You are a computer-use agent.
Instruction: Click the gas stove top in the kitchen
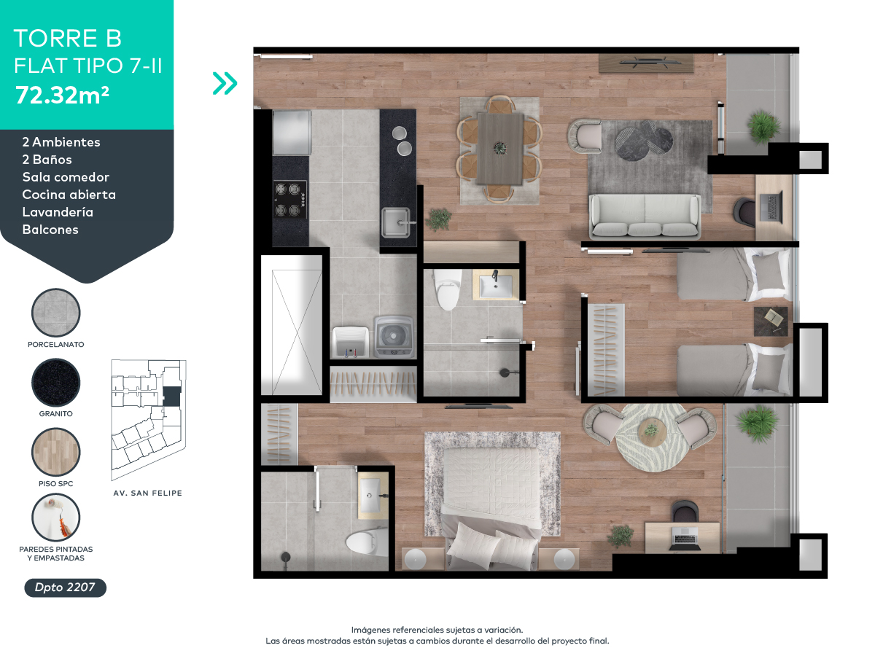click(290, 199)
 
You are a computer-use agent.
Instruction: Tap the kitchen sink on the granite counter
click(396, 222)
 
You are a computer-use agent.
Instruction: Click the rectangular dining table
click(500, 149)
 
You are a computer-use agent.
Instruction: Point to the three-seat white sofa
click(645, 216)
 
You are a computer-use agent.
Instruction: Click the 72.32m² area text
click(62, 95)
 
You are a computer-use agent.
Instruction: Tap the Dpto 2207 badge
click(66, 587)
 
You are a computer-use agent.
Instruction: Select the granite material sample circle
click(56, 383)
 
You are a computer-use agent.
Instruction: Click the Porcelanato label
click(56, 345)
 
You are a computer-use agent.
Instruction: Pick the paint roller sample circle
click(56, 518)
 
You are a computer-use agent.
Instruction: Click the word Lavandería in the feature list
click(58, 212)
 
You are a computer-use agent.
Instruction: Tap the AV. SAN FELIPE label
click(147, 493)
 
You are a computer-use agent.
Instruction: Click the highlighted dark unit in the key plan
click(172, 397)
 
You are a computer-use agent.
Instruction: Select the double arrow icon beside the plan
click(225, 83)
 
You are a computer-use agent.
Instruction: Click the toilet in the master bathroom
click(365, 541)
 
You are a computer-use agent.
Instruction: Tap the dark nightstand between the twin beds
click(771, 321)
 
